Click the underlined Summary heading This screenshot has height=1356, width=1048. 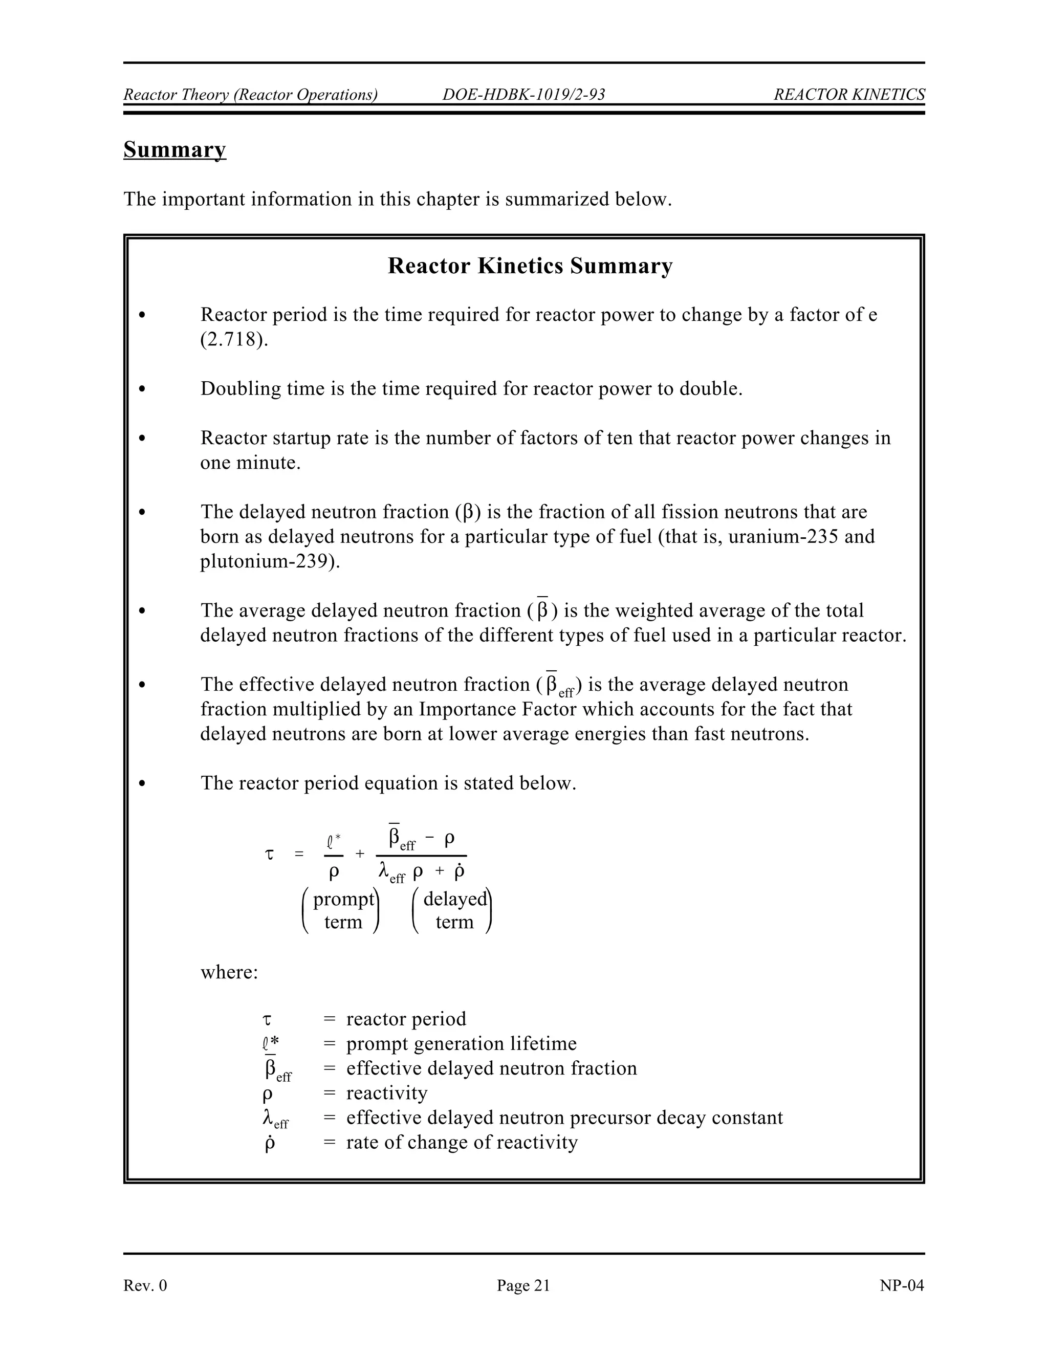click(174, 149)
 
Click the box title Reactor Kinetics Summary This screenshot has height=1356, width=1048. click(530, 266)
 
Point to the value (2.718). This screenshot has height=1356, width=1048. click(234, 340)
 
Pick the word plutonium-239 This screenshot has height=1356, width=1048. click(269, 561)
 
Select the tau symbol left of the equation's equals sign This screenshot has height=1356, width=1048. click(269, 855)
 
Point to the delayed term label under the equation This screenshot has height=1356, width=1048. click(454, 910)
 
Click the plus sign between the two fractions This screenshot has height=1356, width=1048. click(359, 855)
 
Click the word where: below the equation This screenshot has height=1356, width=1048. click(228, 972)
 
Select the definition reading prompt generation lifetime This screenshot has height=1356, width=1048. click(461, 1044)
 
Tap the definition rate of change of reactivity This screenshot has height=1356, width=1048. click(461, 1143)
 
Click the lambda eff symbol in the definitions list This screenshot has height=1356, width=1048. click(275, 1119)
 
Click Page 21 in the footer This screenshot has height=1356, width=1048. click(523, 1286)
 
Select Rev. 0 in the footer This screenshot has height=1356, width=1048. click(145, 1286)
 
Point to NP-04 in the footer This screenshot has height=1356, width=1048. click(902, 1286)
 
